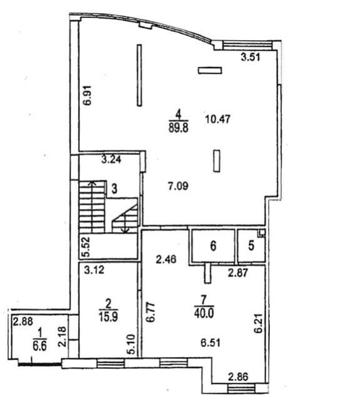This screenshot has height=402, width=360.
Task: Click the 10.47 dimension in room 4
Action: point(217,119)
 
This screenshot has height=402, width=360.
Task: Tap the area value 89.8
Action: point(178,128)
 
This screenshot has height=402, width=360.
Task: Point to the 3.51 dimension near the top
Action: point(251,57)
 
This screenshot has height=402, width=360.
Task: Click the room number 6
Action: point(213,246)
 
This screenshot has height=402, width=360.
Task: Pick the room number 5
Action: point(251,245)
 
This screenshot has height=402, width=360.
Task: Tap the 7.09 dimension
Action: point(178,186)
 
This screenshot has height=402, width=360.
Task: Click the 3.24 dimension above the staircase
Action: point(111,159)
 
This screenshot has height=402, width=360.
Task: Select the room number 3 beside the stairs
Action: point(114,189)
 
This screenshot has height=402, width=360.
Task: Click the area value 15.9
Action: point(108,317)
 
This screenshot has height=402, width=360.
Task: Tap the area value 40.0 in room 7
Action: point(204,313)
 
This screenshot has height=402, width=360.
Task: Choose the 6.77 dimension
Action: point(151,312)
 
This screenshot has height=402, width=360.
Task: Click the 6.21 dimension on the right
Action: point(259,323)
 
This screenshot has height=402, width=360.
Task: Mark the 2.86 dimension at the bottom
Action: point(238,377)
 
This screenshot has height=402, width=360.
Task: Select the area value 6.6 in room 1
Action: point(40,346)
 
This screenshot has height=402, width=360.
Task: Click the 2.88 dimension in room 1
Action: point(23,322)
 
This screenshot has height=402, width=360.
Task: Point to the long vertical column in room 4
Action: point(139,76)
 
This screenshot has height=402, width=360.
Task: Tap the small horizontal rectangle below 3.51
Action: point(210,70)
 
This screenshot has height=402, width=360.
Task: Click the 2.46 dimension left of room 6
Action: point(166,259)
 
